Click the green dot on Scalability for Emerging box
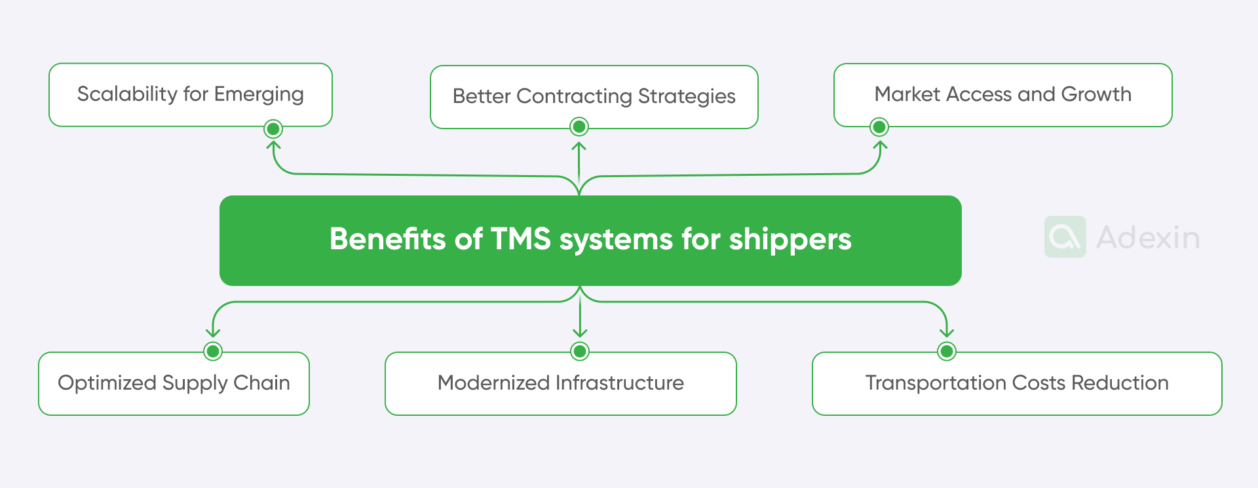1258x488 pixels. coord(273,129)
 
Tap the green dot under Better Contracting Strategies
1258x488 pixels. coord(579,127)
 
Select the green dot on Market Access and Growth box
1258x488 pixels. coord(879,127)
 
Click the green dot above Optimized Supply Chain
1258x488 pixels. coord(213,352)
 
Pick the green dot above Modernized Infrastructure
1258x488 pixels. coord(580,352)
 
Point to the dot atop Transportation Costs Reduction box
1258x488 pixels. coord(946,352)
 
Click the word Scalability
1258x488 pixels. coord(127,94)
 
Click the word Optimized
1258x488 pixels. coord(107,383)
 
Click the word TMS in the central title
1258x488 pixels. coord(520,239)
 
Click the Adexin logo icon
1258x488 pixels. coord(1065,237)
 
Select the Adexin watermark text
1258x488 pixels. coord(1148,237)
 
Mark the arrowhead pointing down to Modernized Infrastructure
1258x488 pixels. coord(580,333)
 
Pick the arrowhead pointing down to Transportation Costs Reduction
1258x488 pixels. coord(946,333)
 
